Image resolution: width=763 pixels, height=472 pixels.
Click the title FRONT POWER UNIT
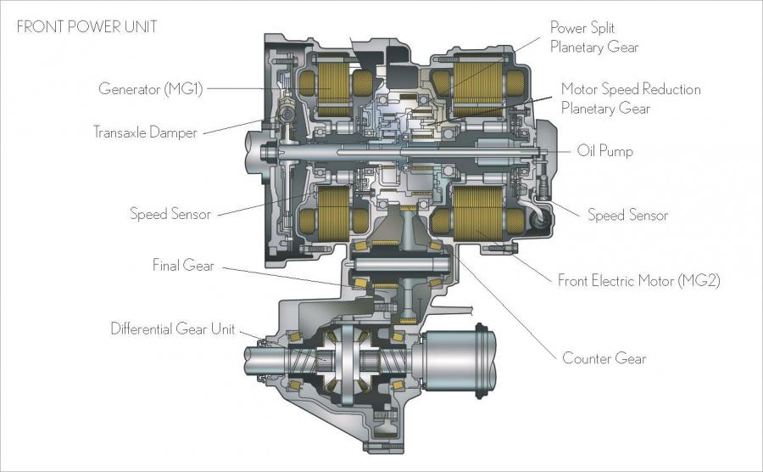click(87, 27)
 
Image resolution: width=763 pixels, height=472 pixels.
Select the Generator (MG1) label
click(150, 88)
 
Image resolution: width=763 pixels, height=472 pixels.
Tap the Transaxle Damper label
click(145, 132)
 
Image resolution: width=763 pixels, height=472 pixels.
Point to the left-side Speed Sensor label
click(170, 214)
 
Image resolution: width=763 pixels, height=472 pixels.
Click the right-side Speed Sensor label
click(627, 215)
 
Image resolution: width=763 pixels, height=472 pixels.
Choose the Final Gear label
click(183, 266)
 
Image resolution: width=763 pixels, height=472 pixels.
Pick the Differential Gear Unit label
click(173, 329)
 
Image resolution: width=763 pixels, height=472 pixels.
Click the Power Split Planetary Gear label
click(594, 37)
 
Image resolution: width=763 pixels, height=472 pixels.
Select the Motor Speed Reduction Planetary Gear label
click(631, 98)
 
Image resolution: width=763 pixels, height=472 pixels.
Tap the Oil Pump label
click(604, 150)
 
